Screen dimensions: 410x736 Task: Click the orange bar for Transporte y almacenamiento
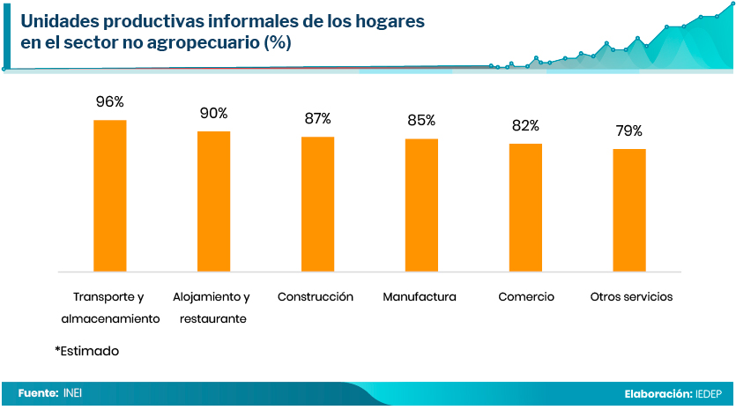pyautogui.click(x=110, y=195)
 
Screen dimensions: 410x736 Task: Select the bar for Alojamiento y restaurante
pyautogui.click(x=213, y=201)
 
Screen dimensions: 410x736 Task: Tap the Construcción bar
pyautogui.click(x=317, y=204)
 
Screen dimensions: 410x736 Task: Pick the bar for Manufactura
pyautogui.click(x=421, y=205)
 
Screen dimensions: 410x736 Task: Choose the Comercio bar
pyautogui.click(x=525, y=207)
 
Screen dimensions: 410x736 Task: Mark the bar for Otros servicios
pyautogui.click(x=629, y=210)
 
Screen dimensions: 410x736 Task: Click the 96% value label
pyautogui.click(x=110, y=102)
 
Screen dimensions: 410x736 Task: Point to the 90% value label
pyautogui.click(x=213, y=113)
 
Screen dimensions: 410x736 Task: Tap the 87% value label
pyautogui.click(x=317, y=118)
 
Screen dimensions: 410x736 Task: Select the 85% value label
pyautogui.click(x=421, y=121)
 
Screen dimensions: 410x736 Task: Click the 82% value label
pyautogui.click(x=525, y=126)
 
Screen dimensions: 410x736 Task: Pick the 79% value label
pyautogui.click(x=629, y=131)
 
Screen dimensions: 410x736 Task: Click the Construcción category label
pyautogui.click(x=316, y=297)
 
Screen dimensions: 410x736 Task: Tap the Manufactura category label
pyautogui.click(x=420, y=297)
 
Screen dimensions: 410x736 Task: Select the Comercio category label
pyautogui.click(x=526, y=297)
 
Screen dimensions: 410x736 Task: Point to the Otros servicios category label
pyautogui.click(x=631, y=297)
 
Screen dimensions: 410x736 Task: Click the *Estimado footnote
pyautogui.click(x=86, y=351)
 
